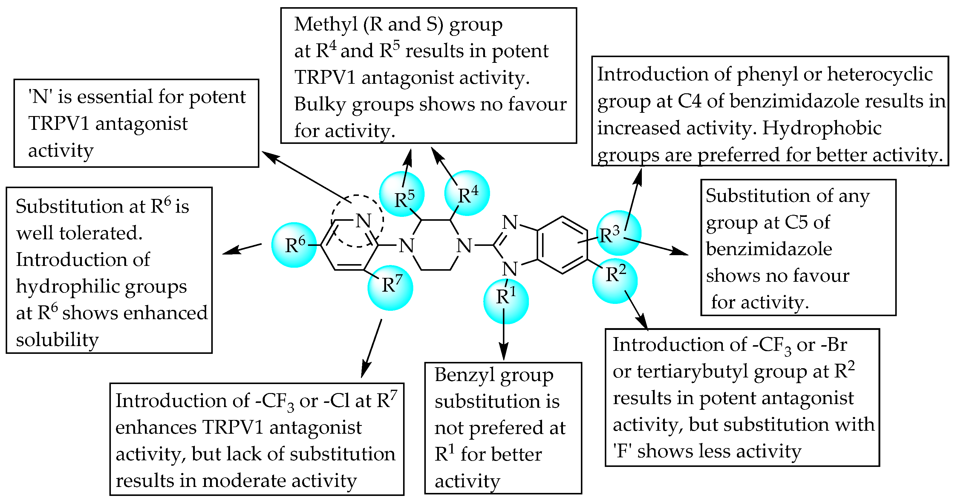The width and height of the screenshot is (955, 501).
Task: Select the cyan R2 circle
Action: click(615, 281)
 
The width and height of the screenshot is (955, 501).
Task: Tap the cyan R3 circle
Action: click(618, 233)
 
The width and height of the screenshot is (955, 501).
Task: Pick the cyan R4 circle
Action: click(467, 193)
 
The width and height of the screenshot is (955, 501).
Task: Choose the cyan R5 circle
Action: click(402, 194)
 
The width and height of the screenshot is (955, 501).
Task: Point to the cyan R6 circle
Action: click(294, 245)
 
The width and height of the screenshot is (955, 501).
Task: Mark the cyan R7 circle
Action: click(390, 288)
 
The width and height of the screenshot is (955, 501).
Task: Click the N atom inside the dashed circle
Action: click(363, 221)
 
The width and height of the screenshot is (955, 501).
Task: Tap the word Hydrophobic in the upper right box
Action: click(821, 128)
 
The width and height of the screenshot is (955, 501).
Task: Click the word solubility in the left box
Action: click(57, 339)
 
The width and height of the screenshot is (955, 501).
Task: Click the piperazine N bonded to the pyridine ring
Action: click(406, 246)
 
